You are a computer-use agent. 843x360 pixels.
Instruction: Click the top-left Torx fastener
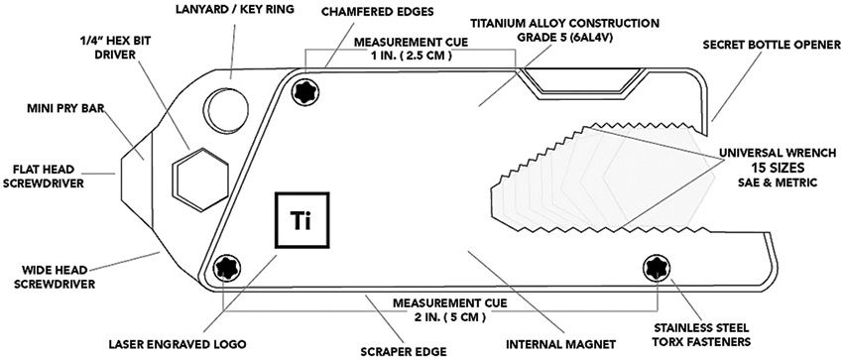click(x=304, y=91)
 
